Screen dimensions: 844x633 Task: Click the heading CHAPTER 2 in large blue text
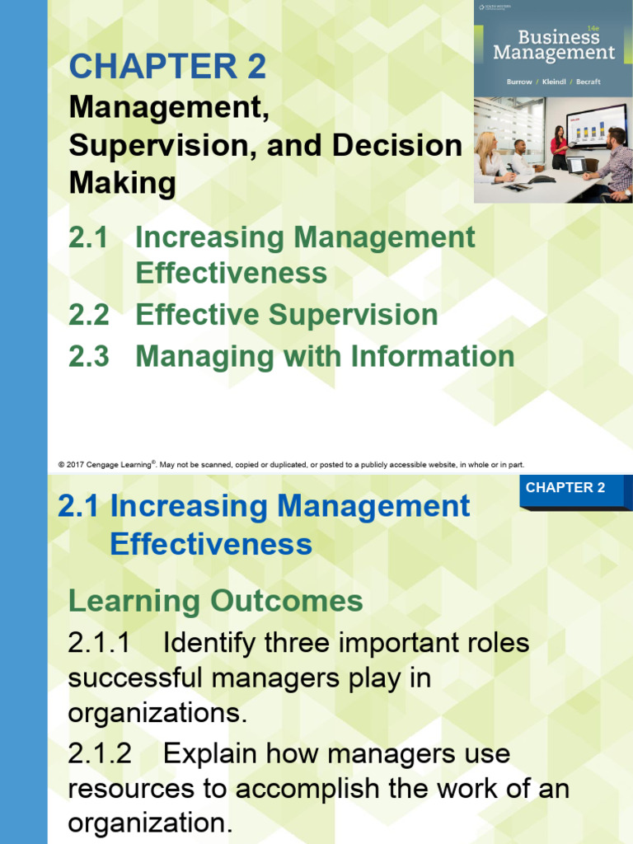pos(167,66)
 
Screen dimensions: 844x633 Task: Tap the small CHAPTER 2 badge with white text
pos(565,488)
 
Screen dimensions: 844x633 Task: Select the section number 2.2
pos(89,315)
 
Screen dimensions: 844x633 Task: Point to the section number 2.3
pos(89,356)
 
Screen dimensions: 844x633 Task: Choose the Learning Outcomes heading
pos(215,601)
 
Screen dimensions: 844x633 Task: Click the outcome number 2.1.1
pos(99,642)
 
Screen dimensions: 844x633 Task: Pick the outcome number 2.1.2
pos(99,753)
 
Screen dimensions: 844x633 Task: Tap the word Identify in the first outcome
pos(211,642)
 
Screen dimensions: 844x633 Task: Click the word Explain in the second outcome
pos(211,753)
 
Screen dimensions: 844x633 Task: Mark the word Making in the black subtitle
pos(122,182)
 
